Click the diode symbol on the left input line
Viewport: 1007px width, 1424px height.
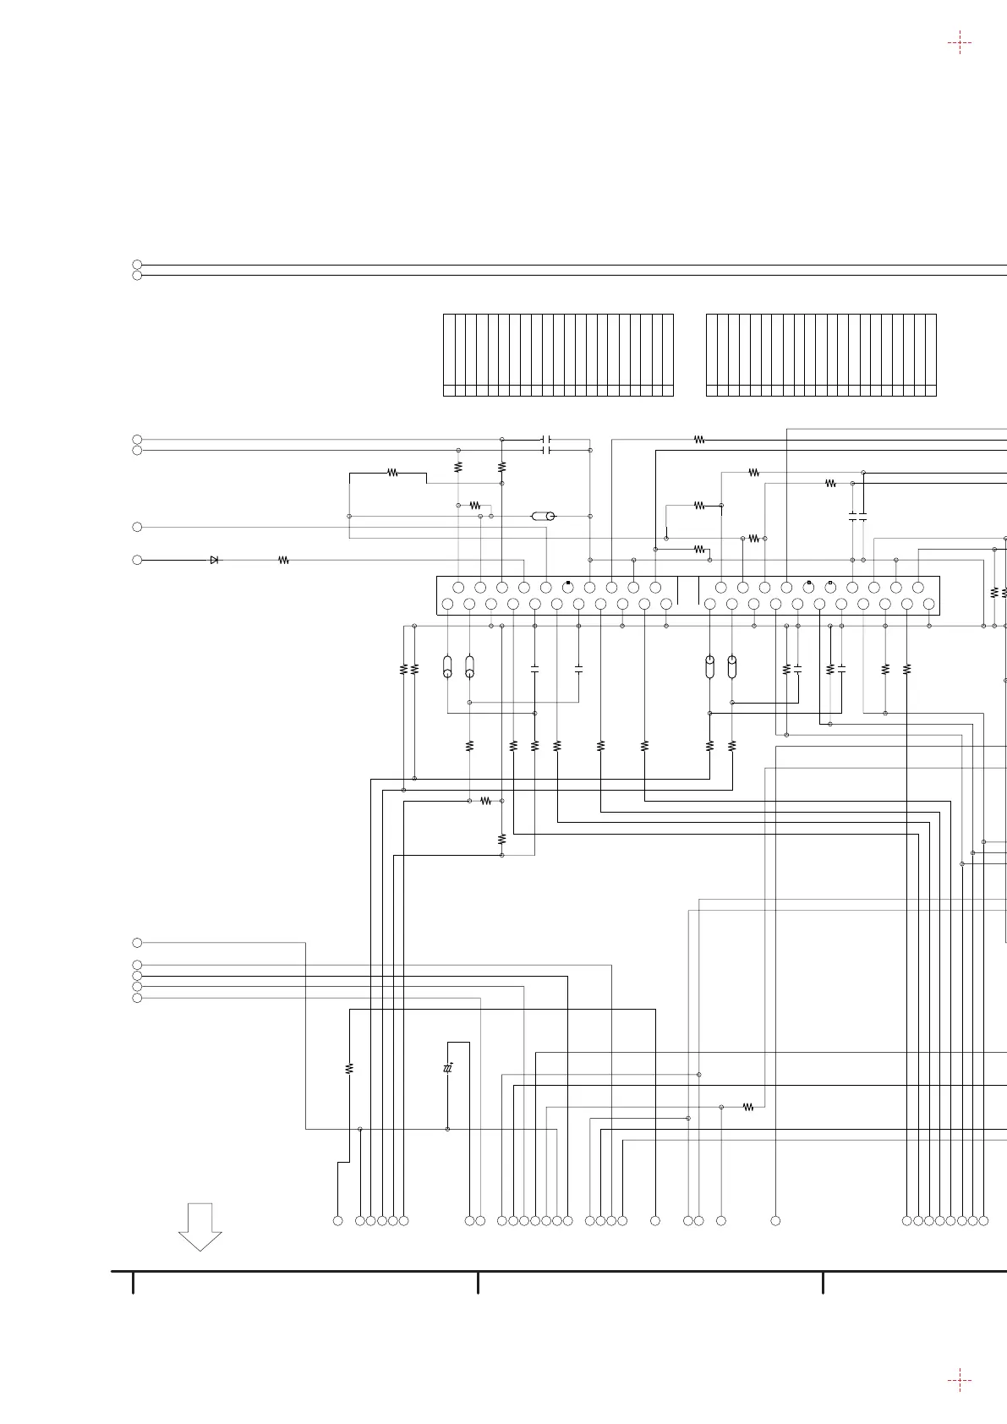click(214, 560)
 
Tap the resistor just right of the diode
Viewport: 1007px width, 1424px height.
click(284, 560)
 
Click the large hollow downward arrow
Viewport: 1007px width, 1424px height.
click(200, 1226)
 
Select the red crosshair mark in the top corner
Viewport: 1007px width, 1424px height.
click(959, 43)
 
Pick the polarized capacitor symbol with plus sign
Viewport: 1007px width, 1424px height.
click(448, 1069)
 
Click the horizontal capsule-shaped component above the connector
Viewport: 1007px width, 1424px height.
click(543, 516)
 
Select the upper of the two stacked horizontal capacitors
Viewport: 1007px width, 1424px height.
click(546, 440)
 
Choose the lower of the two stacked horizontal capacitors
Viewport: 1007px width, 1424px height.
click(546, 451)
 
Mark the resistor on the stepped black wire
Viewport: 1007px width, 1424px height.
click(392, 474)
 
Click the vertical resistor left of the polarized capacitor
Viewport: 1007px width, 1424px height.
click(349, 1069)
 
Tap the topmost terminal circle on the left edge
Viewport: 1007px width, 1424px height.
click(137, 265)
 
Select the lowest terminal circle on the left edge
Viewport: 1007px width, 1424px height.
click(137, 998)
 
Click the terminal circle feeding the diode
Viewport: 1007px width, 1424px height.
click(137, 560)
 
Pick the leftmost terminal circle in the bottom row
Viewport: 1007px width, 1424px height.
click(337, 1220)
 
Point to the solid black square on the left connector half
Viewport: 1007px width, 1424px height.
click(568, 583)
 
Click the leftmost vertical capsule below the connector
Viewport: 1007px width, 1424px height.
click(447, 666)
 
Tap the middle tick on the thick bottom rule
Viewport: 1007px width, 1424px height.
click(478, 1282)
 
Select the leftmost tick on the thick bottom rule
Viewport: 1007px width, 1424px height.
click(133, 1282)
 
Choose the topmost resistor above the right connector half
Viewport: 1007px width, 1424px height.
click(699, 440)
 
